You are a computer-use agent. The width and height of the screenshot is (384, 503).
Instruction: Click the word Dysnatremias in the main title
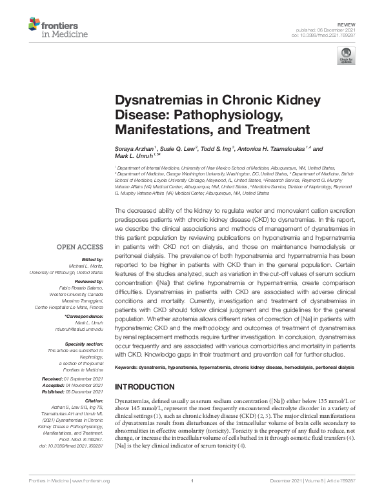(x=153, y=102)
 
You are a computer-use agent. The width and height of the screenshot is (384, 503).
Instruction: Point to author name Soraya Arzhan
(x=134, y=148)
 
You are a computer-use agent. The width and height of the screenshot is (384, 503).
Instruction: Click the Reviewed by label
(x=86, y=281)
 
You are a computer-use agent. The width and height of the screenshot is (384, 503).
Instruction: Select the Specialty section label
(x=82, y=344)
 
